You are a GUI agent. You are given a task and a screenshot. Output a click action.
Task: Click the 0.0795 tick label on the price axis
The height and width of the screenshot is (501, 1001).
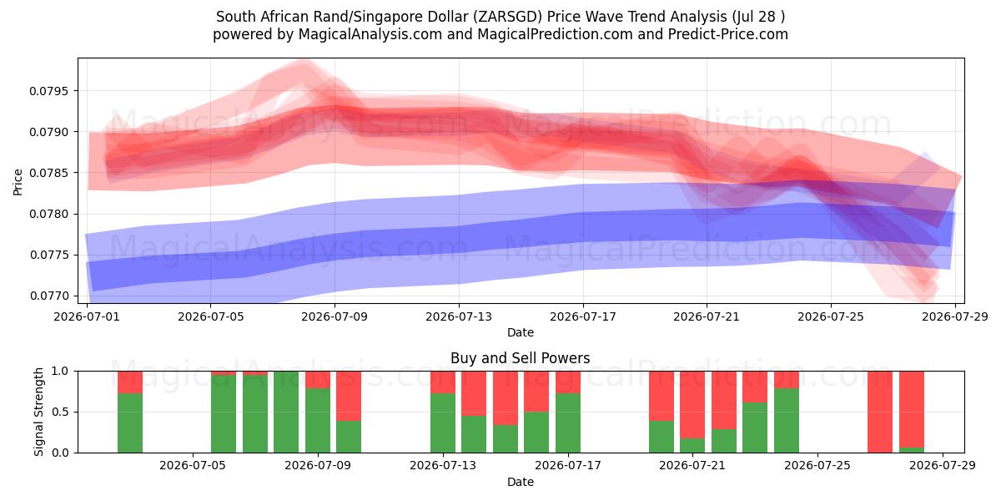pos(48,91)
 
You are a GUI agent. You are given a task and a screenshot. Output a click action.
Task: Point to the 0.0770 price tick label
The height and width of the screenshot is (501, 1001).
pos(48,296)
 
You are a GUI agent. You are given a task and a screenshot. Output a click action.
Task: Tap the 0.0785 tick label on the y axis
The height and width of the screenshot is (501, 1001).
pos(48,173)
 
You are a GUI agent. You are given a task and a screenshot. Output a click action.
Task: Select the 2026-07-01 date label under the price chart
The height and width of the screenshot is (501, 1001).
pos(87,316)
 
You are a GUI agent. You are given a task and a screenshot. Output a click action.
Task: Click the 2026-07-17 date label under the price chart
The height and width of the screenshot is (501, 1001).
pos(583,316)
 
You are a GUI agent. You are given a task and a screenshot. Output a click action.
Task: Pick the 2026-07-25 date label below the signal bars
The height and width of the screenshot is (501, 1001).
pos(817,465)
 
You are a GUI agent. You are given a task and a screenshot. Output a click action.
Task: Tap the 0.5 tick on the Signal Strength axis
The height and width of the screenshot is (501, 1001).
pos(61,412)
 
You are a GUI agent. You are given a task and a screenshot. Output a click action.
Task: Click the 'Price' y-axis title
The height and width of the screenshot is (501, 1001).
pos(18,182)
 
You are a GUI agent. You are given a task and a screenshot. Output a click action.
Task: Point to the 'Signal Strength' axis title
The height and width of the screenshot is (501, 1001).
pos(39,412)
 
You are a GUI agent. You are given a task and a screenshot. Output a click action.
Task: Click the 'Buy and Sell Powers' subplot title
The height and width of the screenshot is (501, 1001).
pos(521,358)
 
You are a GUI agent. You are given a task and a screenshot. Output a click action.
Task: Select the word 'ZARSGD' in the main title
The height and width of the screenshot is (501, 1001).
pos(509,17)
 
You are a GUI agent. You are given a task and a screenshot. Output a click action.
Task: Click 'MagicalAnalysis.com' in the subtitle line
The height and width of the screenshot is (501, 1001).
pos(370,34)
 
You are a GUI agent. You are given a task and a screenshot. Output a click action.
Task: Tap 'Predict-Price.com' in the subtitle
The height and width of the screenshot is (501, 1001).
pos(728,34)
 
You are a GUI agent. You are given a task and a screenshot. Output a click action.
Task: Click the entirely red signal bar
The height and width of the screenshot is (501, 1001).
pos(880,412)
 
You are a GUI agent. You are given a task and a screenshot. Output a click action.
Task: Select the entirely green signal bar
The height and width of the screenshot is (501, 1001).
pos(286,412)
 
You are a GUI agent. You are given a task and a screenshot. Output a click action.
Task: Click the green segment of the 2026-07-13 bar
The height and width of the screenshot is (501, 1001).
pos(443,423)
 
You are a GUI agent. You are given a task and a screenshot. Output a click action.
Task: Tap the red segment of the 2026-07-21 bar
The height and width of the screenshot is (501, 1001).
pos(692,405)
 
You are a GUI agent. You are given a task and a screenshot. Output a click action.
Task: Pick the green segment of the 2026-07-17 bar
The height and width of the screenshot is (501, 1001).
pos(568,423)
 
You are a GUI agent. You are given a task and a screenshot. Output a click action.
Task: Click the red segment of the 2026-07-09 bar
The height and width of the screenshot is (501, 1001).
pos(318,380)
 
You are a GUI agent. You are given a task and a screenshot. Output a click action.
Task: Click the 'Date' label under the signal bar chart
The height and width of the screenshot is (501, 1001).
pos(521,482)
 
